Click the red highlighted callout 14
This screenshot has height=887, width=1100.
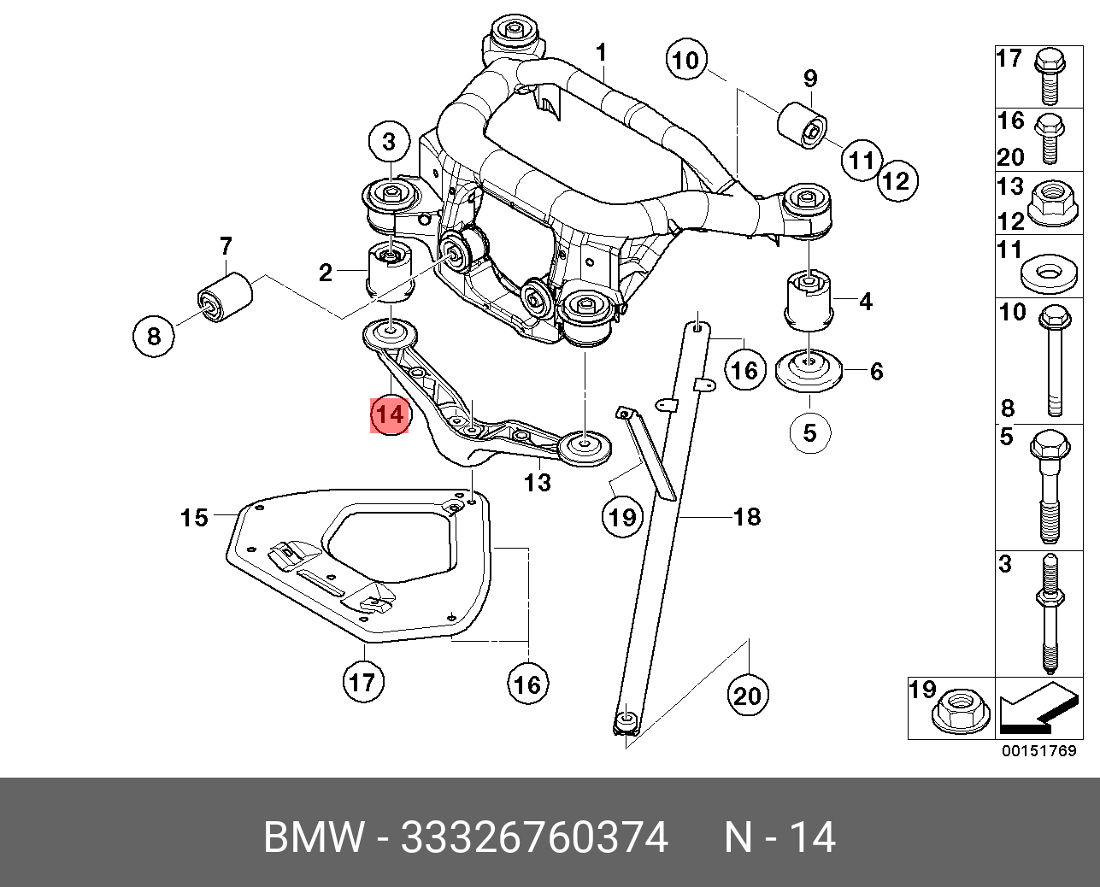pos(389,415)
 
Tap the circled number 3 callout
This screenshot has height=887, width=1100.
pos(389,142)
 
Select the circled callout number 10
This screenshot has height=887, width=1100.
pos(685,60)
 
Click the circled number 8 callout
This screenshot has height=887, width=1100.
pos(153,336)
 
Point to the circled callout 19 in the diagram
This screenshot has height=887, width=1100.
pos(622,517)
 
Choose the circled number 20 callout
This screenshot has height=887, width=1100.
pos(746,696)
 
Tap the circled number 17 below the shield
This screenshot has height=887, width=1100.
pos(362,682)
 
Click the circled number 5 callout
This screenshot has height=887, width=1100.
pos(809,432)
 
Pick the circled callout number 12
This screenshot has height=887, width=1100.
pos(896,180)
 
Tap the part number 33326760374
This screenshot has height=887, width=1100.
pos(534,838)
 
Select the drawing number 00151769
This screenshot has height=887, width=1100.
pos(1039,752)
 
